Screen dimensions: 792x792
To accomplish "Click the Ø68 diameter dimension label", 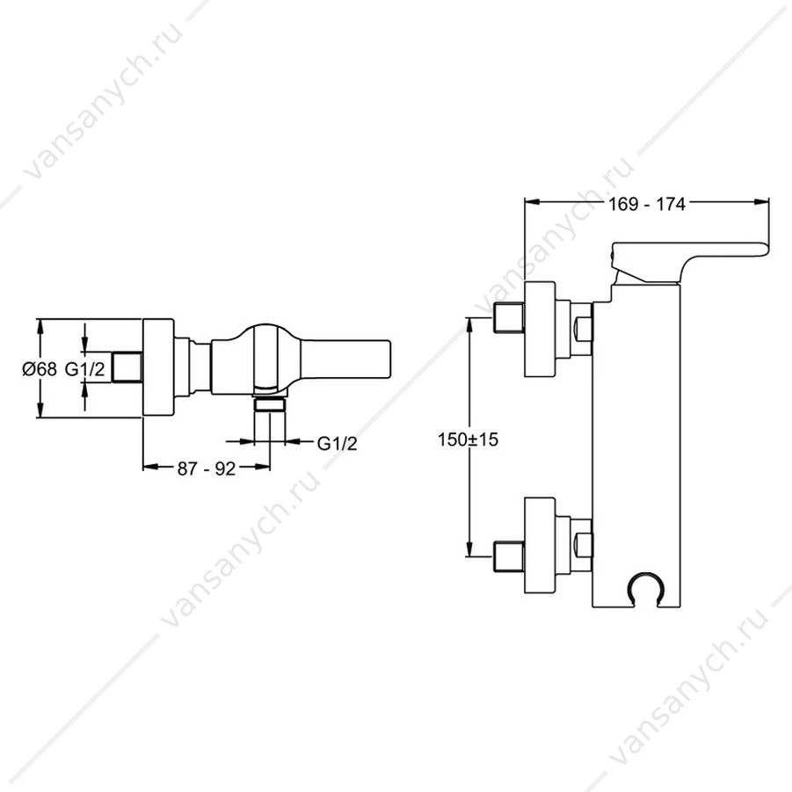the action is coord(40,369).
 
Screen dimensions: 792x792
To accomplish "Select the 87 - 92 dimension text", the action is coord(207,469).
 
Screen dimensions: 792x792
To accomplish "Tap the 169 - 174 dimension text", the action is coord(647,204).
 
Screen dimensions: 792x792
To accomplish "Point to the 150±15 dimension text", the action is coord(469,440).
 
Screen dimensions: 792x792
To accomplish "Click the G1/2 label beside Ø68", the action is coord(85,369).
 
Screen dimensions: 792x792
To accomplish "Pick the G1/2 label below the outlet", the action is coord(337,444).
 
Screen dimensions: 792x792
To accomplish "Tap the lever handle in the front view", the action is coord(690,262).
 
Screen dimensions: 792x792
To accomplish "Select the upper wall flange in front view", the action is coord(540,330).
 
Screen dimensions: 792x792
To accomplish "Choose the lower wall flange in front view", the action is coord(540,545).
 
